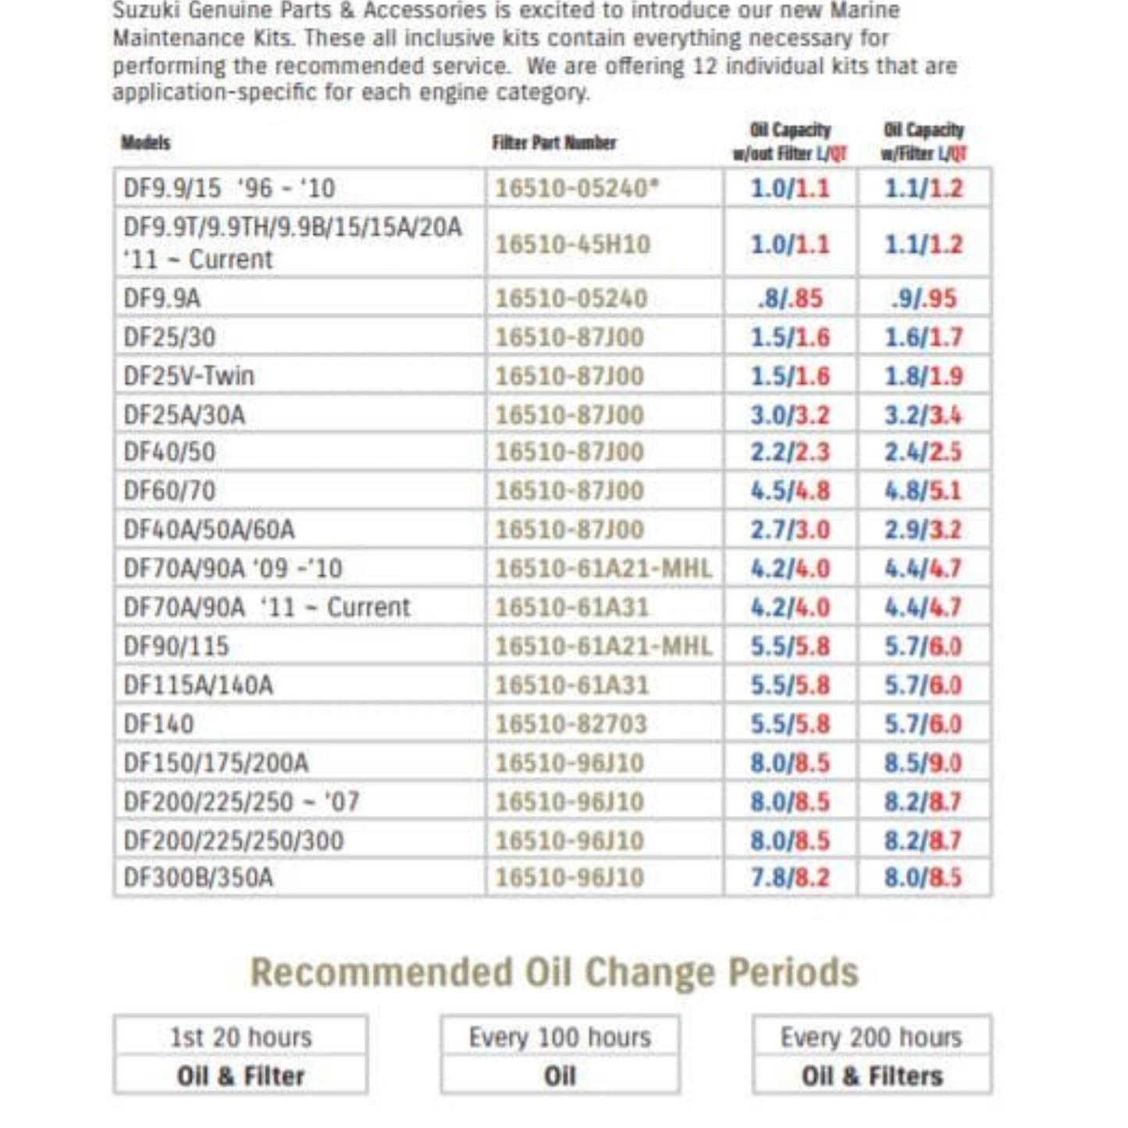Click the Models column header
145,143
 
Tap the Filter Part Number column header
553,143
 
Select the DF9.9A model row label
162,298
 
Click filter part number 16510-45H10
572,244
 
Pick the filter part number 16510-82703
571,724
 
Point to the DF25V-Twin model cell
189,375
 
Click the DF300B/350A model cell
198,877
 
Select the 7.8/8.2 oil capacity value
790,877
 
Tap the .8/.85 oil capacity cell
790,298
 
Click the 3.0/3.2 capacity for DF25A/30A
790,415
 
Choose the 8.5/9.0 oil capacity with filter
923,763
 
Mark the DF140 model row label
158,724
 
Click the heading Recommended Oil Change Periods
553,973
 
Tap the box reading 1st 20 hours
240,1037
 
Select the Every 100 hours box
560,1037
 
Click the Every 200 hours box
871,1037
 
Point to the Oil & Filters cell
871,1076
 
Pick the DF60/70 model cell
169,491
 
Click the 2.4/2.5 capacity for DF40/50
923,452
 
